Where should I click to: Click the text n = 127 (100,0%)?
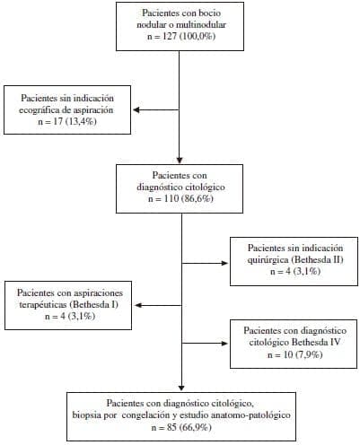(x=181, y=36)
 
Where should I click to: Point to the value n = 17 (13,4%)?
(x=67, y=121)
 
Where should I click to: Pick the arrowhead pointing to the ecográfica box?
(x=136, y=110)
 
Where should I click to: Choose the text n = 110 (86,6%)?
(x=180, y=198)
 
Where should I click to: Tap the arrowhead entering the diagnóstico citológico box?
(x=180, y=161)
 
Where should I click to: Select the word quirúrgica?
(x=268, y=260)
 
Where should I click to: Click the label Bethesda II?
(x=316, y=259)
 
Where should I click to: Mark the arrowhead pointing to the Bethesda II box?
(x=224, y=263)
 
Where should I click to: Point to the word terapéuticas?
(x=43, y=305)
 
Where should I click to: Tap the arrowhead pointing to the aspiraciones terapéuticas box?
(x=138, y=305)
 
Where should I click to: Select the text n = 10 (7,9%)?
(x=295, y=354)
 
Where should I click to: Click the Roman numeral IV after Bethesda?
(x=335, y=343)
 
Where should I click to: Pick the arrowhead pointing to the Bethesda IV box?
(x=224, y=344)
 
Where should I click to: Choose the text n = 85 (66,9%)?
(x=181, y=427)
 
